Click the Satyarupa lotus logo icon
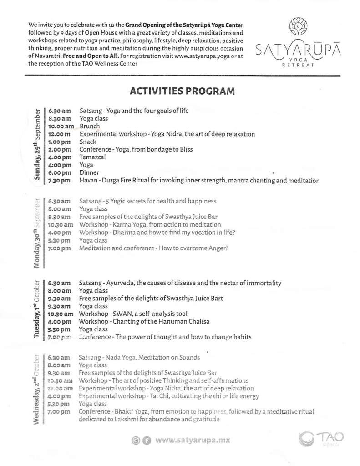click(x=299, y=28)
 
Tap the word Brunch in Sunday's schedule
click(x=90, y=126)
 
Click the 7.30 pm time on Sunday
click(x=60, y=181)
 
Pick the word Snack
click(x=88, y=142)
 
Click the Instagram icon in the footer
click(x=136, y=441)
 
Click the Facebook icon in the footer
click(x=146, y=441)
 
